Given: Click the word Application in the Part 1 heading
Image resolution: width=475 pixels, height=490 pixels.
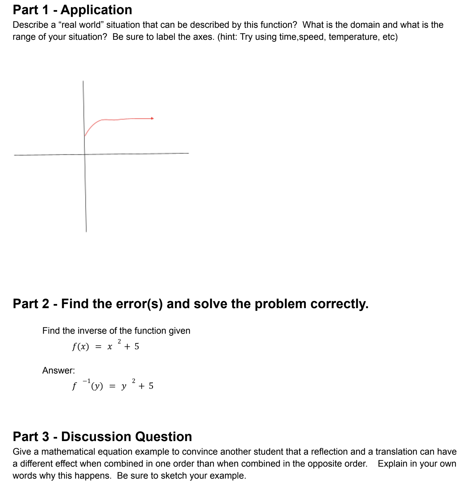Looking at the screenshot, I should [x=96, y=10].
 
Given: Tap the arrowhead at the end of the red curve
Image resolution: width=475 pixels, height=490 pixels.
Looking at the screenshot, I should [x=152, y=118].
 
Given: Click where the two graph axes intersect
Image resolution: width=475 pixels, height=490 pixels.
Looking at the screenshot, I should [x=85, y=154].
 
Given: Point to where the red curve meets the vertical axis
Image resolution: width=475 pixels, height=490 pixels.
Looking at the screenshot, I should [x=85, y=136].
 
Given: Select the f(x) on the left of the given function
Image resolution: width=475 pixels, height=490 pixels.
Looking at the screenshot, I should [x=80, y=347].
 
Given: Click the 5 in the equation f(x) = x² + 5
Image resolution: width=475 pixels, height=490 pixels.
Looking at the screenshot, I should [x=137, y=347].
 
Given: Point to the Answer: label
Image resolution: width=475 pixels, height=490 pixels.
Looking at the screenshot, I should [x=59, y=370].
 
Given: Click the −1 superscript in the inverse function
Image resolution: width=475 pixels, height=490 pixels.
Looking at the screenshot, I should [x=86, y=381].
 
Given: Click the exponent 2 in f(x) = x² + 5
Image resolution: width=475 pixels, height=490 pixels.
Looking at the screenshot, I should [x=119, y=341].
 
